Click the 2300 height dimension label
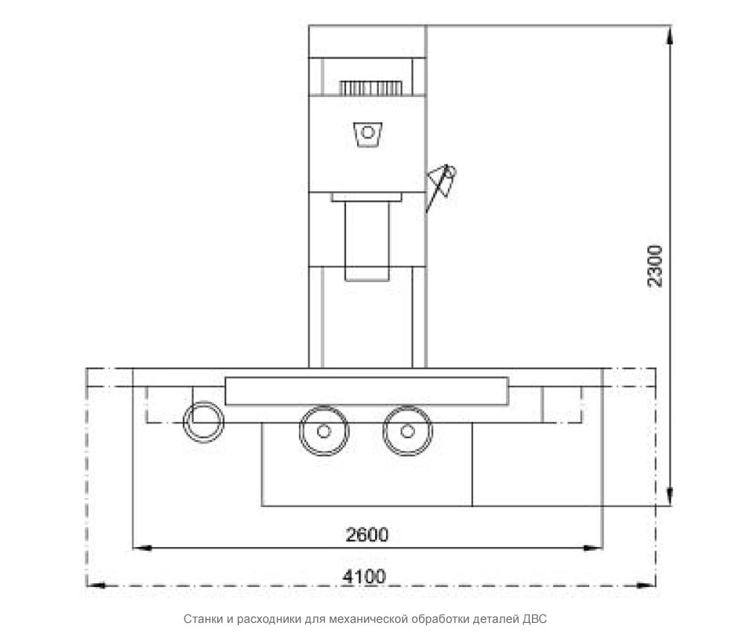click(654, 266)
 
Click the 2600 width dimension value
click(367, 535)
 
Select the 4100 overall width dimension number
click(364, 577)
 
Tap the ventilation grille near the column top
click(371, 89)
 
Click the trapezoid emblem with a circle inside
click(368, 135)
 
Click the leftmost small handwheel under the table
click(204, 421)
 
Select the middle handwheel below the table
click(324, 431)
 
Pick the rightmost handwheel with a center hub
click(407, 431)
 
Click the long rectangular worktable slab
click(367, 391)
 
